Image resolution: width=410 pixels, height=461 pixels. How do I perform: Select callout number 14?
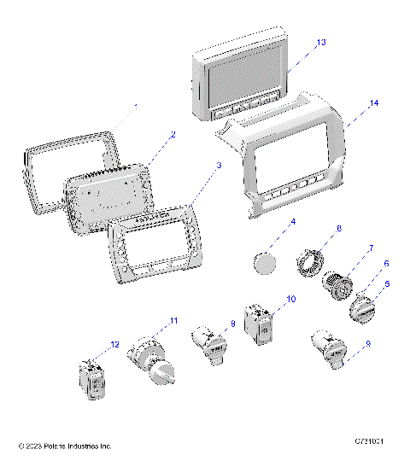click(x=348, y=102)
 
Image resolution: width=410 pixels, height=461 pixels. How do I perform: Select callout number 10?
click(x=290, y=300)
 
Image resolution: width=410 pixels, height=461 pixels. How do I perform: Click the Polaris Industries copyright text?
click(x=65, y=446)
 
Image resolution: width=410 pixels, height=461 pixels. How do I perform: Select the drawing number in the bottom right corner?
click(x=372, y=441)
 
